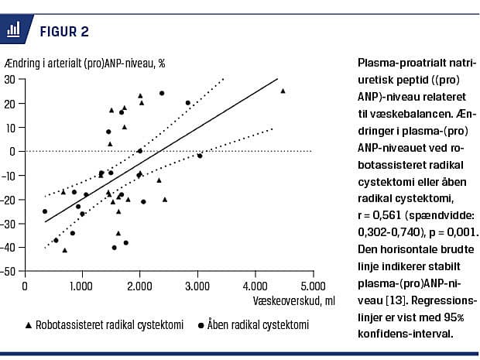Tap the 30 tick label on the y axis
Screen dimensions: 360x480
pyautogui.click(x=12, y=79)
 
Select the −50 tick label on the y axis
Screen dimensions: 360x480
pyautogui.click(x=10, y=272)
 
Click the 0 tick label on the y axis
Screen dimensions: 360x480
pyautogui.click(x=15, y=151)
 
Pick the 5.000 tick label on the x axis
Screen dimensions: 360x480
pyautogui.click(x=312, y=285)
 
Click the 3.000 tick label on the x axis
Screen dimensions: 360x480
pyautogui.click(x=197, y=285)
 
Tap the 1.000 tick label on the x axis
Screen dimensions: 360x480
pyautogui.click(x=82, y=285)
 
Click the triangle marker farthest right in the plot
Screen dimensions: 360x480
pyautogui.click(x=283, y=91)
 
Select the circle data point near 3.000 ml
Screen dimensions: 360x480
pyautogui.click(x=200, y=156)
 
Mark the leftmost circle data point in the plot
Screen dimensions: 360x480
pyautogui.click(x=44, y=211)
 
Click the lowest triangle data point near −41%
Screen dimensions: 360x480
pyautogui.click(x=64, y=250)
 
